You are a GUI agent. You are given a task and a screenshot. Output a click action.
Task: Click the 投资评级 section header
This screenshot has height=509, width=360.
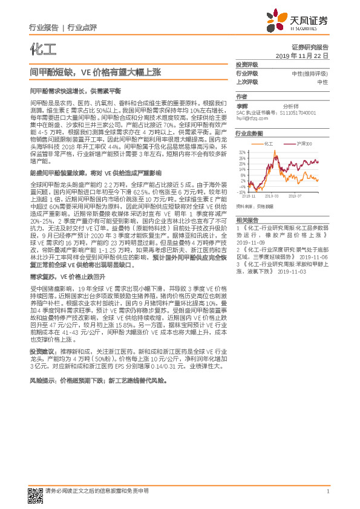pos(247,64)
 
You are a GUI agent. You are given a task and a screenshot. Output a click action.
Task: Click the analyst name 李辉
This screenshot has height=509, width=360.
pos(242,105)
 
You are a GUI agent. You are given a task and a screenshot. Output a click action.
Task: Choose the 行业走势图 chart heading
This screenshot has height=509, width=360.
pos(249,133)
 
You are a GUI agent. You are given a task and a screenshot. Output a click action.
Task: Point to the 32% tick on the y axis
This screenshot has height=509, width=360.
pos(242,152)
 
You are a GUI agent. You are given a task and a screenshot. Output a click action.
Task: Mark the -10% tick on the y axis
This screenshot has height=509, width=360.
pos(241,193)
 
